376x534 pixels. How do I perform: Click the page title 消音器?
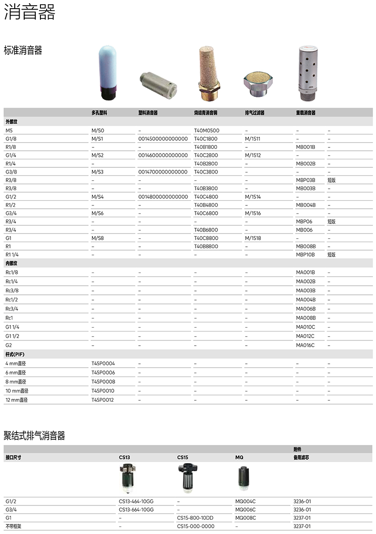click(30, 12)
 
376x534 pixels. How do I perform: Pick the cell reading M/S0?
click(98, 130)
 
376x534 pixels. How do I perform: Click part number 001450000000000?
click(163, 139)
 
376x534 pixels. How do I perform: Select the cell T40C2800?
click(206, 155)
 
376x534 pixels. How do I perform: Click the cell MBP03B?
click(306, 180)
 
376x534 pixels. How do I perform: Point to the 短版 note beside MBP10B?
click(331, 255)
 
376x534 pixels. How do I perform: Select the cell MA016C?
click(305, 345)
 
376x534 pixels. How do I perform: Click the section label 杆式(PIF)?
click(14, 354)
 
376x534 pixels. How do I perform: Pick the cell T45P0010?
click(103, 391)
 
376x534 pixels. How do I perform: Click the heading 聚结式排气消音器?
click(34, 436)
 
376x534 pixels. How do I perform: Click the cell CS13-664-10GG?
click(136, 510)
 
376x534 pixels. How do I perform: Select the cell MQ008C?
click(246, 518)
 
